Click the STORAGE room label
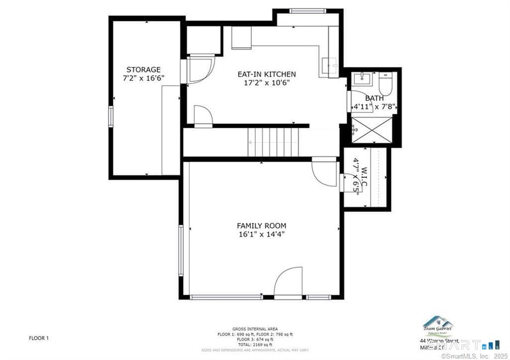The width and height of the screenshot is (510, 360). tap(144, 70)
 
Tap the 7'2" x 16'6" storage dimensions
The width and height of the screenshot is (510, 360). tap(144, 78)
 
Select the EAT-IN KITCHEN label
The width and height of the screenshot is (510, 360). tap(267, 74)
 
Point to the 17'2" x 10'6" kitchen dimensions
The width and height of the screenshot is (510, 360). tap(267, 83)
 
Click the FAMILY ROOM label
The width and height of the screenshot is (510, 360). tap(262, 226)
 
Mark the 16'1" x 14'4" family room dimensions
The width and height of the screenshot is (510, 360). tap(262, 234)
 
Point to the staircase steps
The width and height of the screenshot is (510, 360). tap(274, 142)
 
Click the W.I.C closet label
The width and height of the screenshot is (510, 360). tap(359, 176)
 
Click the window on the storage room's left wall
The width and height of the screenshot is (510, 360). tap(111, 117)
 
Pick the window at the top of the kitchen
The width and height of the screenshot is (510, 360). tap(308, 10)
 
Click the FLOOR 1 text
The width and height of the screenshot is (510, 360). tap(39, 339)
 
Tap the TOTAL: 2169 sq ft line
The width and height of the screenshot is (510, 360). tap(255, 345)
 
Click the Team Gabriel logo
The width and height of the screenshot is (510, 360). tap(437, 326)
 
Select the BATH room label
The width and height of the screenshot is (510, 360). tap(375, 98)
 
